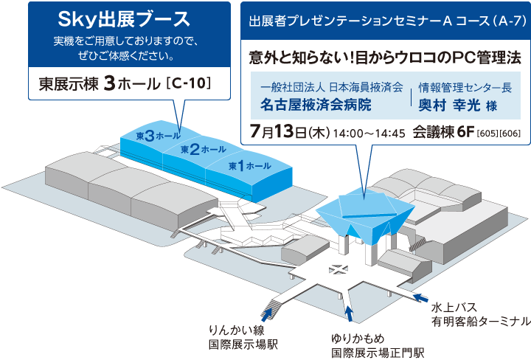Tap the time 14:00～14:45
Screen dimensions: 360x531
point(369,134)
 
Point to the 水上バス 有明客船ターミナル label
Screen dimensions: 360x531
point(479,314)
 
